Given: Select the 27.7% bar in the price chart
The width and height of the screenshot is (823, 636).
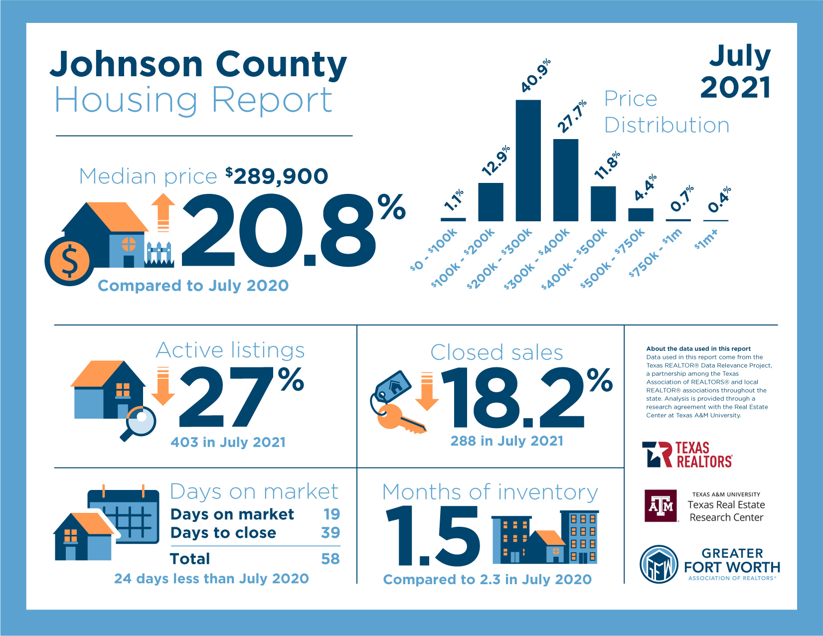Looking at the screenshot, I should click(x=566, y=180).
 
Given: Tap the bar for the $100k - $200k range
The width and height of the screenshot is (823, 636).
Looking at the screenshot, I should click(x=491, y=202).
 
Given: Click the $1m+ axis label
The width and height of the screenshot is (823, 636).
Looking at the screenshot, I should click(x=706, y=239).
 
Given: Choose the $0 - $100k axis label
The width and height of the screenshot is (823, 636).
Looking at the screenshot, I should click(x=433, y=249).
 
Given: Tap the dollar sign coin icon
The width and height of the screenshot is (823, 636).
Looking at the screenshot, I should click(x=69, y=261).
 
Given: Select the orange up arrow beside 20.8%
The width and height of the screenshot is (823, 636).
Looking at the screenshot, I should click(x=163, y=212).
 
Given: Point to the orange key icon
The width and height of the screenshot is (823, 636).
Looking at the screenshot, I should click(x=399, y=419).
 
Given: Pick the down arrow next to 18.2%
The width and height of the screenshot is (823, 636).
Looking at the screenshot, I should click(x=427, y=391).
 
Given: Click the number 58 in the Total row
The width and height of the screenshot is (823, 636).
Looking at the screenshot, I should click(x=330, y=559).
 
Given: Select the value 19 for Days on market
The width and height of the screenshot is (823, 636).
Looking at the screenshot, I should click(x=331, y=514).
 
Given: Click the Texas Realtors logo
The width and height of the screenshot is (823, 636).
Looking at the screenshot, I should click(x=687, y=455).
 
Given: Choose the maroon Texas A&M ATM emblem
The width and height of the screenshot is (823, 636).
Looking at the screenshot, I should click(x=661, y=506).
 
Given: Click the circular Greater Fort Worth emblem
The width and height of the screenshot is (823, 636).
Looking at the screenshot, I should click(x=659, y=565).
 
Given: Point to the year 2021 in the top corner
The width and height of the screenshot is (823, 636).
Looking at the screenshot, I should click(x=735, y=88).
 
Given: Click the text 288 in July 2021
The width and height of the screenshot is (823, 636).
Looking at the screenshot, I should click(x=506, y=441).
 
